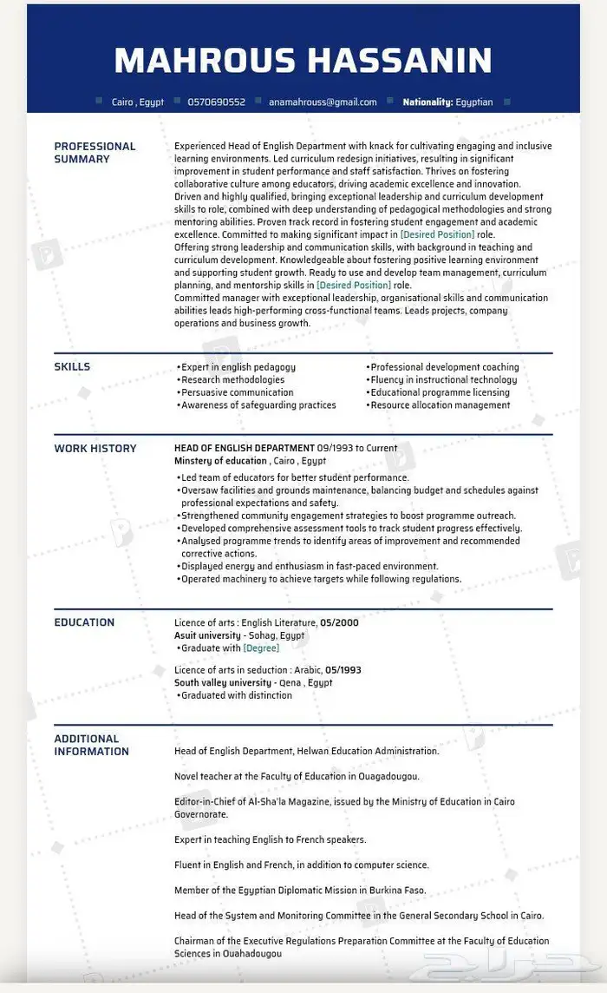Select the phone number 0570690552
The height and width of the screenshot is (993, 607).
(216, 102)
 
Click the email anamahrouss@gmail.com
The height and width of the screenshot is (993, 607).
(323, 102)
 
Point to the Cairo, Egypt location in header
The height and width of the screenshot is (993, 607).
(138, 102)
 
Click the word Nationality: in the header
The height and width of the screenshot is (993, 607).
(428, 102)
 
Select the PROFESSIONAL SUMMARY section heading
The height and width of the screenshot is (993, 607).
(95, 153)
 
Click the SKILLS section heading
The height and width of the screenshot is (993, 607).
(72, 366)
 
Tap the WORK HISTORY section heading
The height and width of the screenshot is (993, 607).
(95, 448)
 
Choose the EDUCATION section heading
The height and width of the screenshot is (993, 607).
(84, 621)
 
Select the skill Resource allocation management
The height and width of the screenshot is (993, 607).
(441, 404)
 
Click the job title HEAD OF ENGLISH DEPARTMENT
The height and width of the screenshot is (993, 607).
(244, 448)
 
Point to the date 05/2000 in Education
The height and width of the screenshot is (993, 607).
(339, 622)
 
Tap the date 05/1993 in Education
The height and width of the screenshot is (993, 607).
(343, 670)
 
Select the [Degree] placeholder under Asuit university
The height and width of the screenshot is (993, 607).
(261, 648)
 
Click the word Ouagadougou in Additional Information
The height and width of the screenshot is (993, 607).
(388, 776)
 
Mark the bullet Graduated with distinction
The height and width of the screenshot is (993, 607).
(237, 694)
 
